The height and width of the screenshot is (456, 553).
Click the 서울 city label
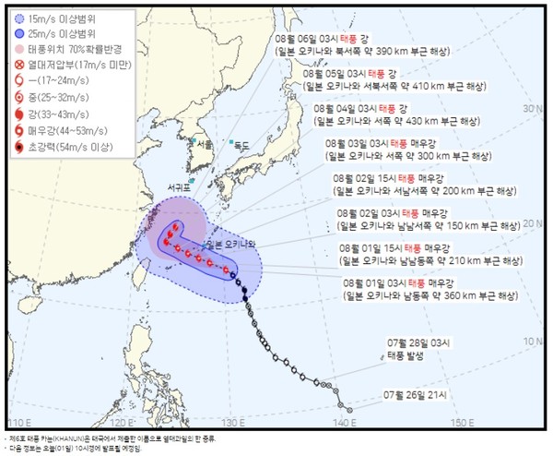pyautogui.click(x=204, y=145)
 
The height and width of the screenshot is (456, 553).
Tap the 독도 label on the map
pyautogui.click(x=241, y=146)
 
